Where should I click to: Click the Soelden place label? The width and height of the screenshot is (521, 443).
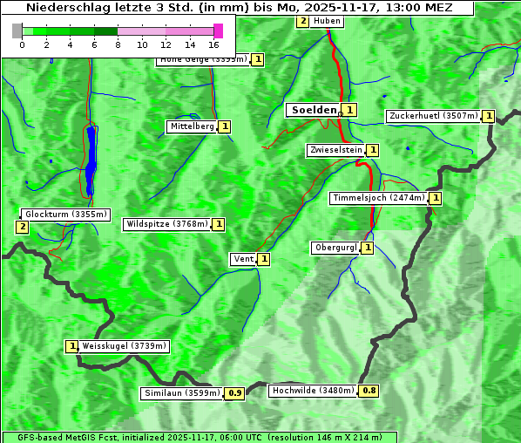click(x=313, y=110)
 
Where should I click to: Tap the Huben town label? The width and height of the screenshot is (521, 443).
click(x=327, y=21)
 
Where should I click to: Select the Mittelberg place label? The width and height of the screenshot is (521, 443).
click(x=192, y=126)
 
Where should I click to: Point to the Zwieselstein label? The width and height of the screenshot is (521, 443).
click(x=335, y=150)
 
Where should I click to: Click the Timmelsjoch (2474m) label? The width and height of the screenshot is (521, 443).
click(x=379, y=198)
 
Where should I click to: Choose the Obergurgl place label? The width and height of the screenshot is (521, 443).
click(x=335, y=248)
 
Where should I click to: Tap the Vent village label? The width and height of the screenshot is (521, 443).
click(x=242, y=259)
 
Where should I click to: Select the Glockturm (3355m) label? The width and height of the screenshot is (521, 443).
click(x=65, y=215)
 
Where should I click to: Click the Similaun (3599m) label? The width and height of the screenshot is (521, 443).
click(x=181, y=393)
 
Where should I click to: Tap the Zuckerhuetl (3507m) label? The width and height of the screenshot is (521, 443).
click(x=433, y=116)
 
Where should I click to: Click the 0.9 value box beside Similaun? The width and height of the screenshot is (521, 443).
click(x=234, y=393)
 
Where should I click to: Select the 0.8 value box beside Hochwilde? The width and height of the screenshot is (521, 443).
click(x=369, y=391)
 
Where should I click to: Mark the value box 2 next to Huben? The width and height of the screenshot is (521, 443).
click(x=302, y=21)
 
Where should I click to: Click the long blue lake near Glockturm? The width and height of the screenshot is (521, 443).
click(x=91, y=160)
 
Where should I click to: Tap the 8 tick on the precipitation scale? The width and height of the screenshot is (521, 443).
click(x=118, y=44)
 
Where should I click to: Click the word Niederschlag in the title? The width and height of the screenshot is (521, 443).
click(x=79, y=7)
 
